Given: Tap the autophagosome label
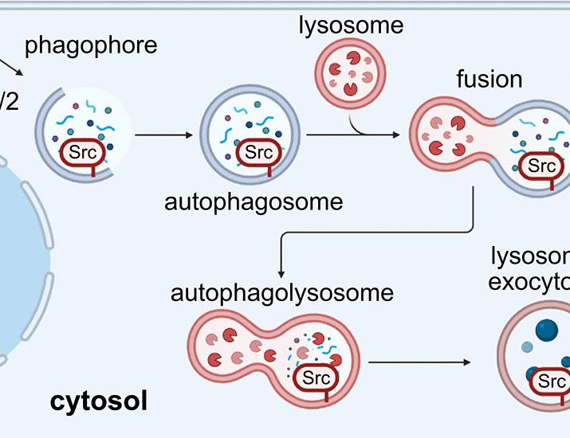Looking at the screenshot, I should point(254,201).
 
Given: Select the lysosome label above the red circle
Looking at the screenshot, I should point(351,25).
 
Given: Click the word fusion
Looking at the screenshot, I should point(489,79).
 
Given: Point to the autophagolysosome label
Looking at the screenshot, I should point(282,292).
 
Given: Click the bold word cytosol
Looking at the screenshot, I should point(99,401).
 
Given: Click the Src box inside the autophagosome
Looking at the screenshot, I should point(257,151).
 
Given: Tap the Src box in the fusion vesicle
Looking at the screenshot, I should point(541,166).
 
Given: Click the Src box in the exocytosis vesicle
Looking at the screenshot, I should point(551,382).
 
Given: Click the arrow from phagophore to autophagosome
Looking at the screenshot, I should point(163,135).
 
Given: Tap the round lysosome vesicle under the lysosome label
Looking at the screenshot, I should point(351,76).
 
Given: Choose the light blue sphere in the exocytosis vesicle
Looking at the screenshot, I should point(526,347).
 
